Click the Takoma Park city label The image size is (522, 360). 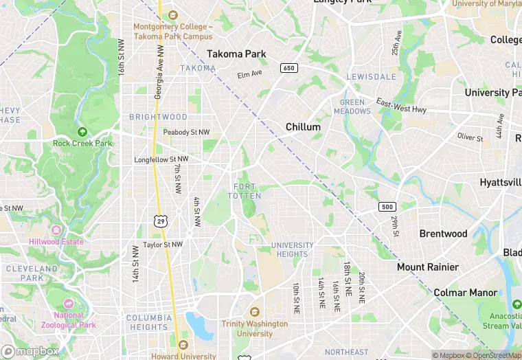click(x=236, y=54)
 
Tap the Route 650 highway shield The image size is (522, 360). click(x=288, y=67)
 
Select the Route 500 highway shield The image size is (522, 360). click(x=387, y=207)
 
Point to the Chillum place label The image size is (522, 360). click(x=303, y=127)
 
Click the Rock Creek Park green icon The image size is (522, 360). click(x=82, y=131)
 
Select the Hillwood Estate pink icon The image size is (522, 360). click(x=56, y=229)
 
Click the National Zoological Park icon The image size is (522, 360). click(x=68, y=303)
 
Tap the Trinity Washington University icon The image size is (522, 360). click(x=255, y=312)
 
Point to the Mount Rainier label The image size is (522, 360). click(x=428, y=267)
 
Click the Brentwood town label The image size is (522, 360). click(x=443, y=234)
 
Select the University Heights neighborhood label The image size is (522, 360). click(x=292, y=249)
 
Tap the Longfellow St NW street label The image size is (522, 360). click(x=161, y=159)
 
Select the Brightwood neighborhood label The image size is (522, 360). click(x=158, y=117)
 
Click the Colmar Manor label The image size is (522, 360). click(x=465, y=293)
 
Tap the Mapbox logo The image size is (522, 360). click(x=30, y=351)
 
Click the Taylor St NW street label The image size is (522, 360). click(x=163, y=244)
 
